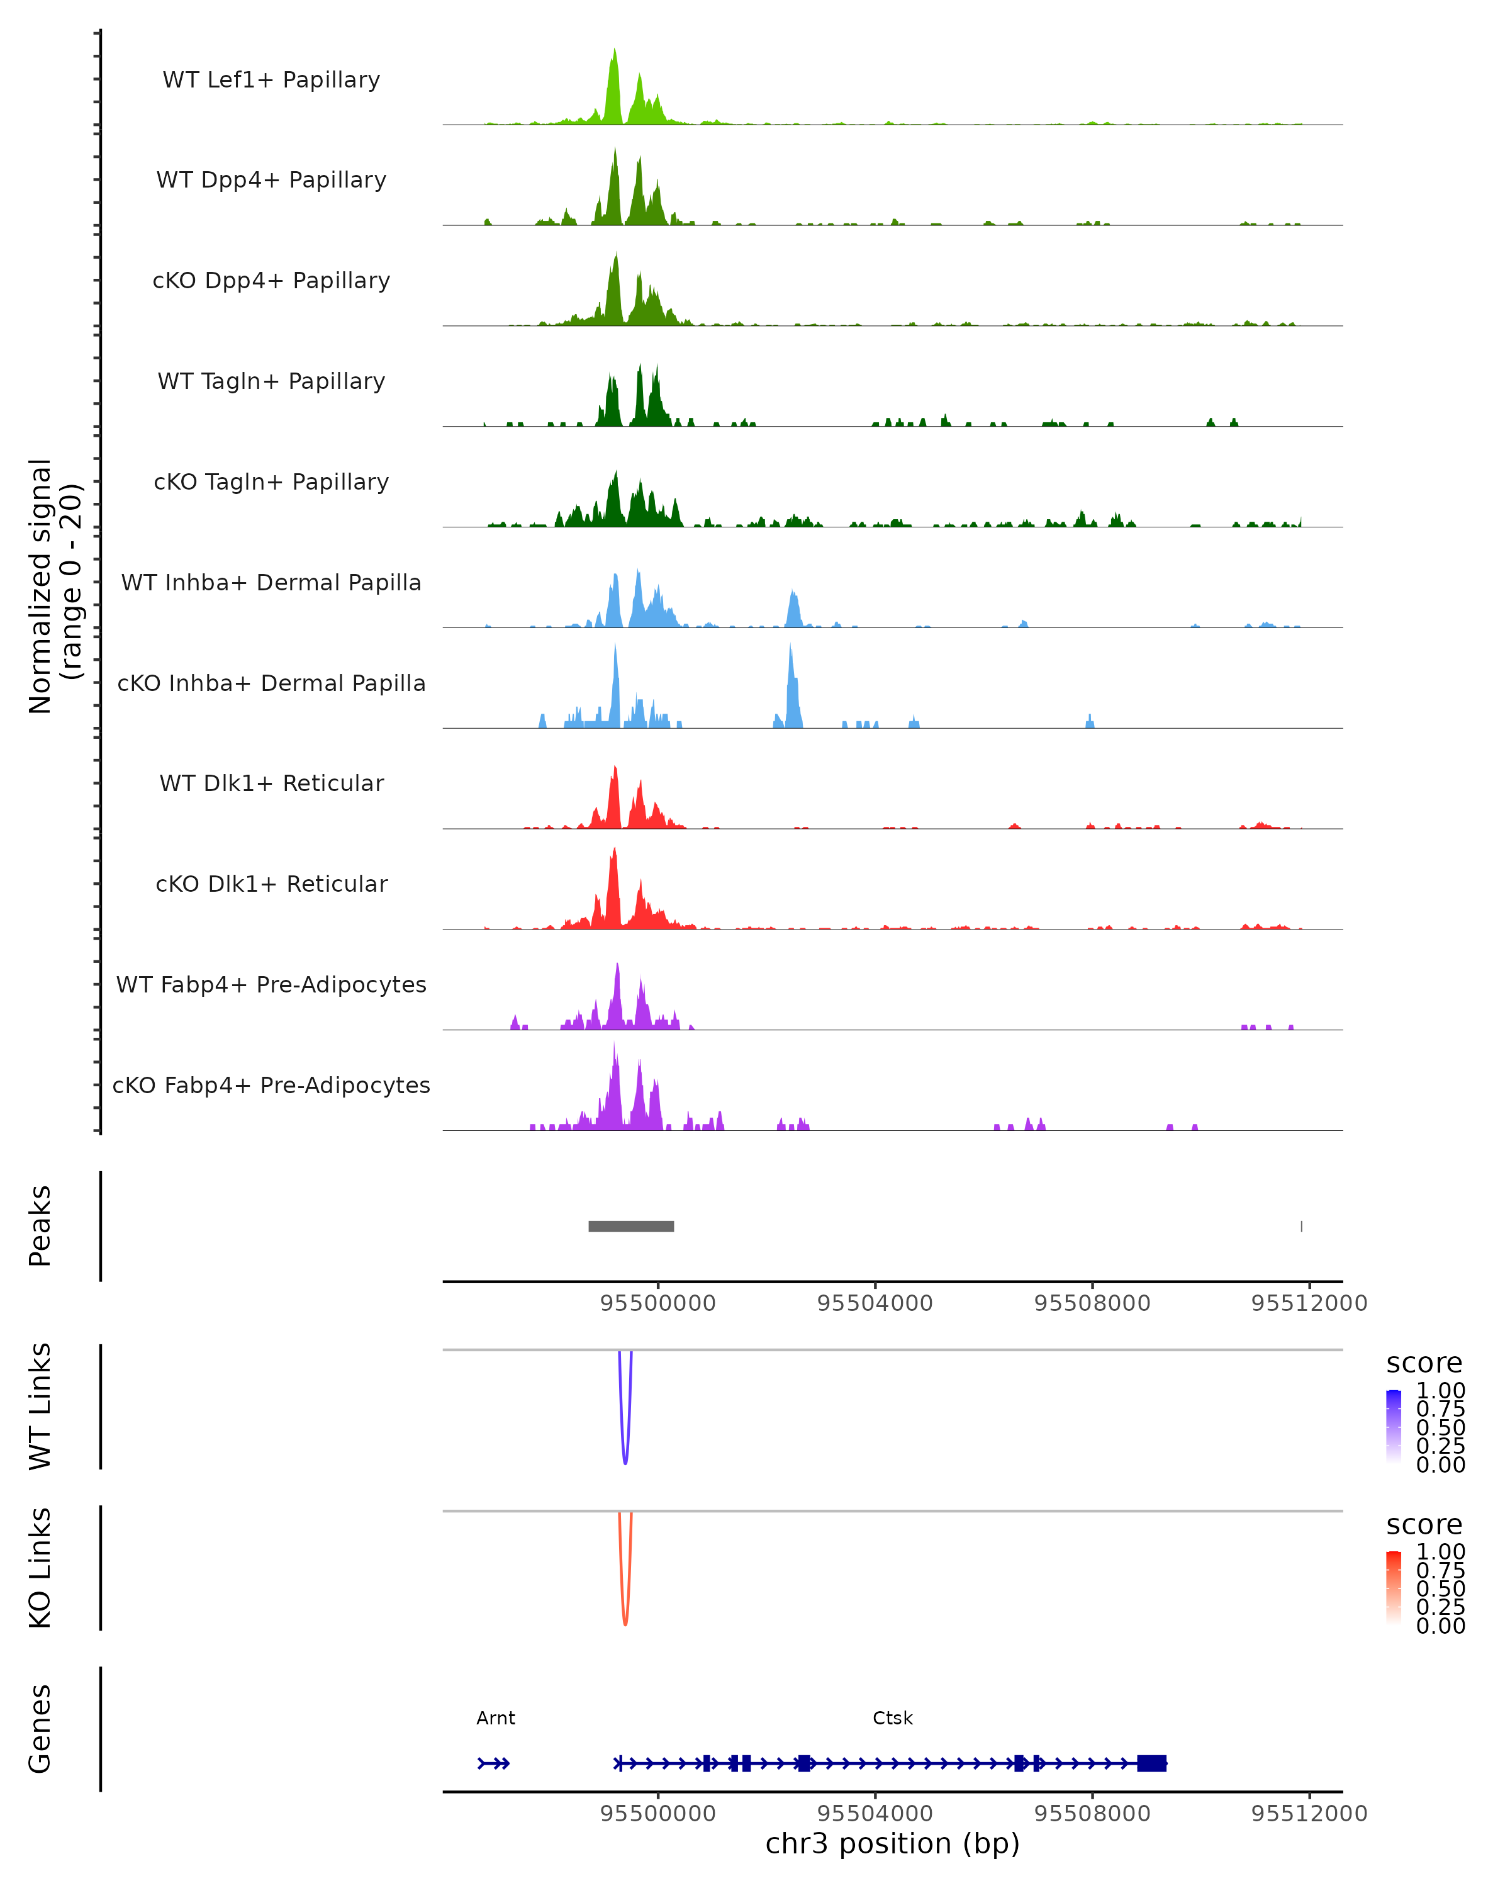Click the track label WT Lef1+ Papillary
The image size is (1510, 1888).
point(271,80)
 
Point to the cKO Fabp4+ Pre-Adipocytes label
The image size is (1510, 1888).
point(271,1085)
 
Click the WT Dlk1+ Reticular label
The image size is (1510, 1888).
point(271,783)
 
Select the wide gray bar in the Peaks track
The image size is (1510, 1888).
point(631,1226)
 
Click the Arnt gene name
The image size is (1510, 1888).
point(495,1718)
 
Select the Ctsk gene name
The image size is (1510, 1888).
point(893,1718)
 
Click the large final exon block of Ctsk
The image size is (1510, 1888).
point(1152,1763)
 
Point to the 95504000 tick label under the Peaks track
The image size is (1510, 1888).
point(875,1303)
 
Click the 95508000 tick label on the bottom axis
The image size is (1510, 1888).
point(1092,1814)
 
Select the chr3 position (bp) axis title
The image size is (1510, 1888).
point(892,1844)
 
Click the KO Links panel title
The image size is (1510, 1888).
point(40,1568)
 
